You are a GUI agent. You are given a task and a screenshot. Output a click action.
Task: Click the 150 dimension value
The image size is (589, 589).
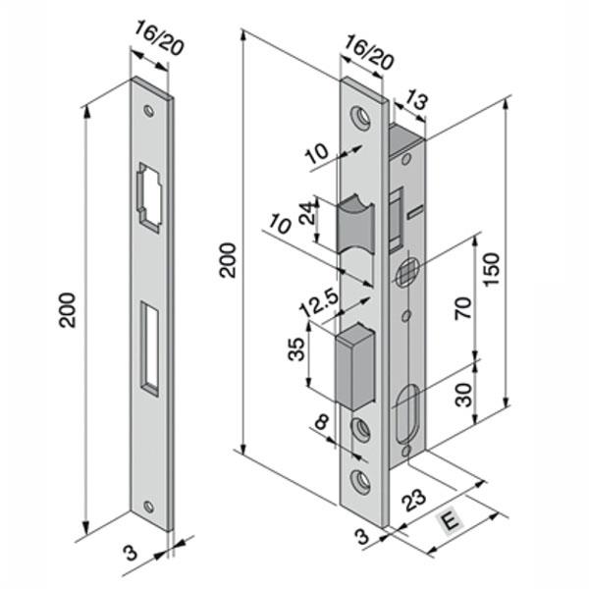point(493,268)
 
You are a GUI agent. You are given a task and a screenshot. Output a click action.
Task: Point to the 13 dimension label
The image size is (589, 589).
point(415,99)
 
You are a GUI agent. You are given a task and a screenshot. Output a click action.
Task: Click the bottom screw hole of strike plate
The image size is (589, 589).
point(149,508)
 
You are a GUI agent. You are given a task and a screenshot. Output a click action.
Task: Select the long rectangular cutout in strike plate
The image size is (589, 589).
point(149,348)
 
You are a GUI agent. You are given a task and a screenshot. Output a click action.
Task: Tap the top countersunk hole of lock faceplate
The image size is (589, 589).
point(363,117)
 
